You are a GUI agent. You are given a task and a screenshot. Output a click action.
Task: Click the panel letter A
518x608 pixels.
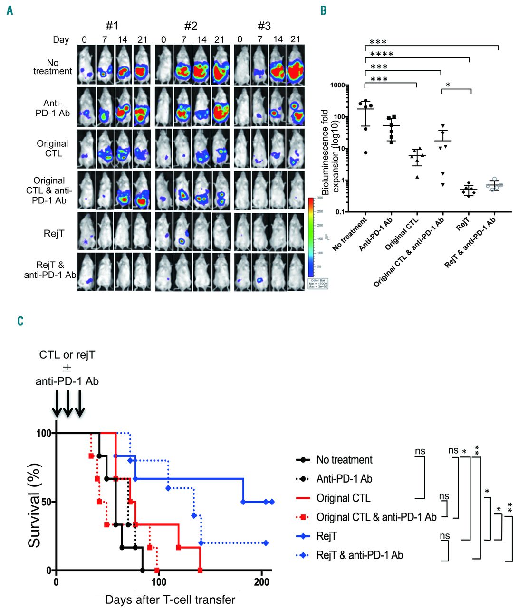(x=10, y=10)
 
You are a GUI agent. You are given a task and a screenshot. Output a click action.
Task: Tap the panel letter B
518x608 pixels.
(x=323, y=10)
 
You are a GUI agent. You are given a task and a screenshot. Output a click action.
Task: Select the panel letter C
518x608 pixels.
(x=20, y=322)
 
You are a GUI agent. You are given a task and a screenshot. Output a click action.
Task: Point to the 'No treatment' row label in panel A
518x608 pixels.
(x=53, y=67)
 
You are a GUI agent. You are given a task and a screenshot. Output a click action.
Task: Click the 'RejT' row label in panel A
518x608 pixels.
(x=54, y=233)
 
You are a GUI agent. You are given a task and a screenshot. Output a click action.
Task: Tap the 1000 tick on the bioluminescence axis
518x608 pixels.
(x=337, y=85)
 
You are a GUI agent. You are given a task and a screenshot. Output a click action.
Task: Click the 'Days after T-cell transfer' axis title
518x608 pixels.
(x=170, y=599)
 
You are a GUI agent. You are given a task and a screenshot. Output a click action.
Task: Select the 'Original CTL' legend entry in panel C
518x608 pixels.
(x=343, y=498)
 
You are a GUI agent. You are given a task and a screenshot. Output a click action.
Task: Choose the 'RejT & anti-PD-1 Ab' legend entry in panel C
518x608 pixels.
(x=359, y=555)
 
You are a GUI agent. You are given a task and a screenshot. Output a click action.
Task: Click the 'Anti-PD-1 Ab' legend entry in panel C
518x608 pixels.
(x=344, y=479)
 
